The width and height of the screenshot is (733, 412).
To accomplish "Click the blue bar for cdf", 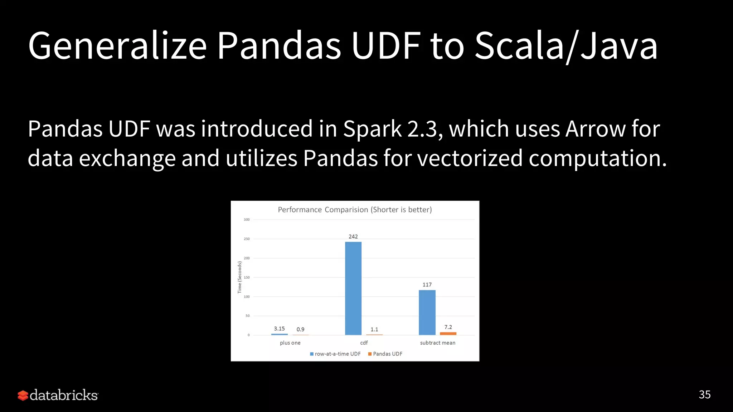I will point(353,288).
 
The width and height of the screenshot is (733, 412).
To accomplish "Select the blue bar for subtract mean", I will point(427,312).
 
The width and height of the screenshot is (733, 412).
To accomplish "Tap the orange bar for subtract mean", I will point(448,334).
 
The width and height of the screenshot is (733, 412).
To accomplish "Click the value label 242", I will point(353,236).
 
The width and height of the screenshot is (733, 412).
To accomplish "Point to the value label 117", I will point(427,285).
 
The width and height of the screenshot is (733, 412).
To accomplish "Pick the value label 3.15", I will point(279,328).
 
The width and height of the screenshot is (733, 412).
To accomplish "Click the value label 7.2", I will point(448,327).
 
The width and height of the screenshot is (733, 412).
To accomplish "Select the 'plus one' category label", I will point(290,343).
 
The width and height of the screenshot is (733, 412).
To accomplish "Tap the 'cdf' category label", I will point(364,343).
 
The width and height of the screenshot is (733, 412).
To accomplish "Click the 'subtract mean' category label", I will point(437,343).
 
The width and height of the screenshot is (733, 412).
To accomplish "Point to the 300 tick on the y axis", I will point(247,220).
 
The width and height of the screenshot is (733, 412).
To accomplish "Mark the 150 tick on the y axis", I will point(247,277).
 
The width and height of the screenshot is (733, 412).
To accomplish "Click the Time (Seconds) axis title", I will point(240,277).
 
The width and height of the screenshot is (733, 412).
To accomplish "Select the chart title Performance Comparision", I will point(355,210).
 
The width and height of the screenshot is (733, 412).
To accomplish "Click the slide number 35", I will point(704,394).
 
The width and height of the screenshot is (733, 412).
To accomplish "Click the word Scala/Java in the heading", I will point(566,46).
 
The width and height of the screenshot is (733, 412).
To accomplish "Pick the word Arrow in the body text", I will point(595,129).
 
